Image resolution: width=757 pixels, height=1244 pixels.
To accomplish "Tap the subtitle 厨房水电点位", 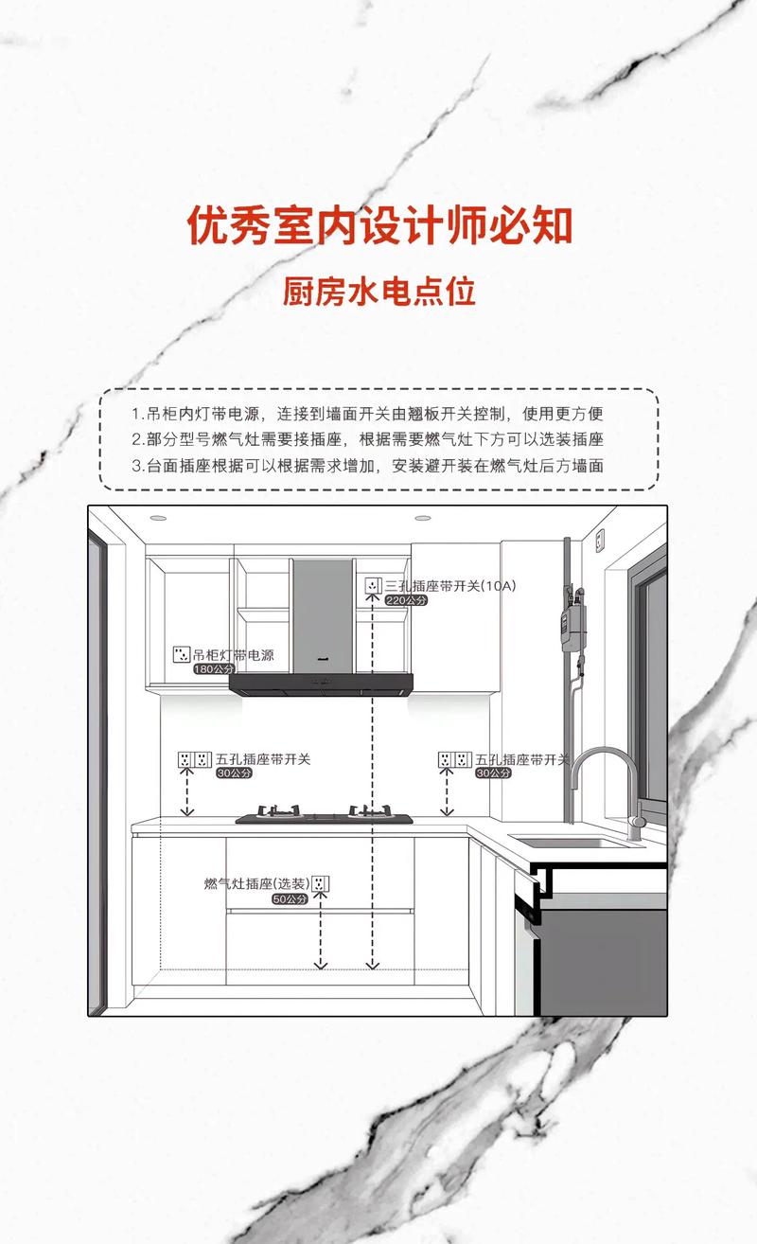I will [x=378, y=292].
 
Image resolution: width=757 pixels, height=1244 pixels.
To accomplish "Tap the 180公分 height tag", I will [x=213, y=668].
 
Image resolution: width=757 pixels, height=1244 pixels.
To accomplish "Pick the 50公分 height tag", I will [x=290, y=898].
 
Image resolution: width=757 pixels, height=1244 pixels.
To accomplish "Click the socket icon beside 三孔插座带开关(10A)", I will [x=372, y=586].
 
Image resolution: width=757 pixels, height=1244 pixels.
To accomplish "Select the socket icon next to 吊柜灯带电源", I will [x=180, y=654].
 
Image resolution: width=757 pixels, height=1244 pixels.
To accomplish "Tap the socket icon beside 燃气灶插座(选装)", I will [x=321, y=884].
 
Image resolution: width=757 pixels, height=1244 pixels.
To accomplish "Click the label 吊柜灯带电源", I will [x=233, y=655].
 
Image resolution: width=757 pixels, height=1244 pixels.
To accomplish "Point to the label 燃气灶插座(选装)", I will [x=255, y=884].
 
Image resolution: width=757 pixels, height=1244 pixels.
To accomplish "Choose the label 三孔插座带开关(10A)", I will [x=449, y=586].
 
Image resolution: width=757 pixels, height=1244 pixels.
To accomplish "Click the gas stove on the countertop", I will [x=324, y=814].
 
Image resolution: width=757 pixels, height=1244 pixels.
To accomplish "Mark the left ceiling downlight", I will [x=157, y=518].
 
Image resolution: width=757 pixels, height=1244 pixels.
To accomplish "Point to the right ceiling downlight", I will [x=422, y=518].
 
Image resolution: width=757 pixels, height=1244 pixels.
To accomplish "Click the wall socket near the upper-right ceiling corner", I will [x=600, y=541].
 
